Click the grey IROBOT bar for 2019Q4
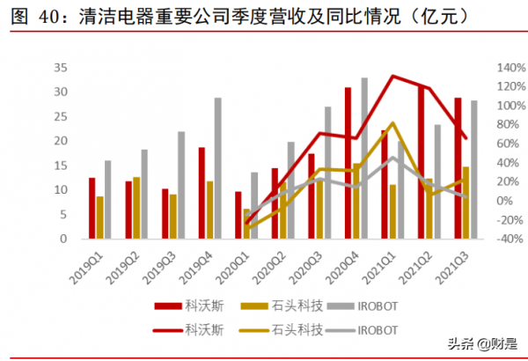pos(218,168)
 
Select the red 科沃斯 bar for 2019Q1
pos(92,209)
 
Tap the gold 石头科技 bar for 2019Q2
pos(136,208)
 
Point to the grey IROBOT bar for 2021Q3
pos(474,170)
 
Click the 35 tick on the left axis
pos(62,67)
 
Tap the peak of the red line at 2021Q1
pos(392,77)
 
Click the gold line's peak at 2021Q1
pos(392,123)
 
